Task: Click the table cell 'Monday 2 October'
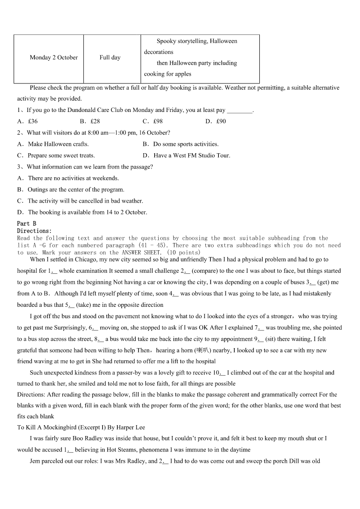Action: click(x=54, y=58)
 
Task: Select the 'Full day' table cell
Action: click(x=110, y=58)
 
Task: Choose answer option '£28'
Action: click(x=95, y=121)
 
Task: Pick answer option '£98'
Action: click(x=158, y=121)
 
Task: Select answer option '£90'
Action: click(x=221, y=121)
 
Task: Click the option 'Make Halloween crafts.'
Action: click(x=58, y=144)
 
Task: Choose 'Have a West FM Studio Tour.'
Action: click(x=192, y=155)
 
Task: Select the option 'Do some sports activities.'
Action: click(x=186, y=144)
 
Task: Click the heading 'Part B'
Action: click(x=27, y=223)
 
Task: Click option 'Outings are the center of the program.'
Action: click(x=76, y=189)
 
